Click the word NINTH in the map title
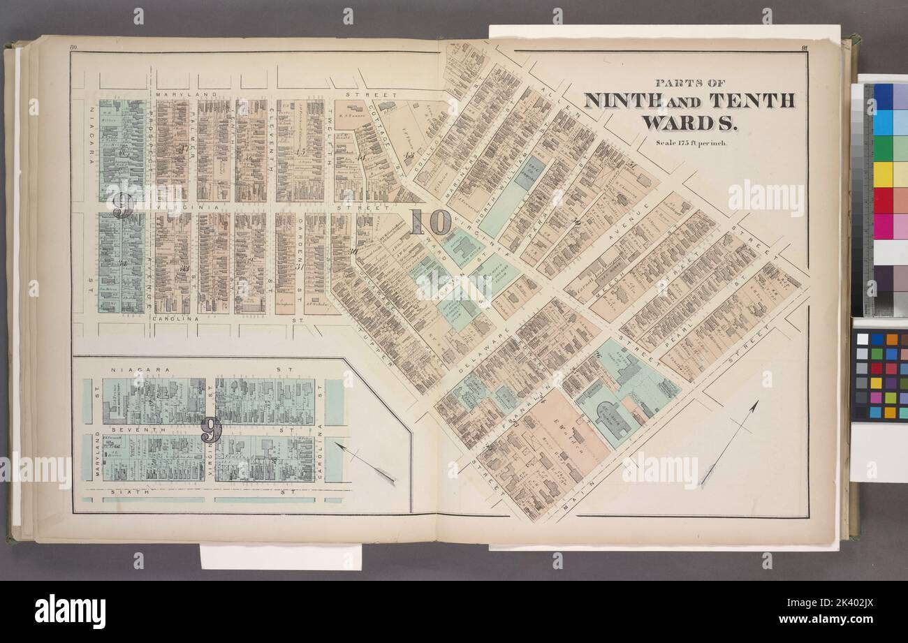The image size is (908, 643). [623, 100]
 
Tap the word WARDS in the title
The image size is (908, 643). [689, 123]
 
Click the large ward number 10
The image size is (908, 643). [430, 222]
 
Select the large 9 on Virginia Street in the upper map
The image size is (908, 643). [122, 205]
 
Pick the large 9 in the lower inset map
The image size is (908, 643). [211, 430]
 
